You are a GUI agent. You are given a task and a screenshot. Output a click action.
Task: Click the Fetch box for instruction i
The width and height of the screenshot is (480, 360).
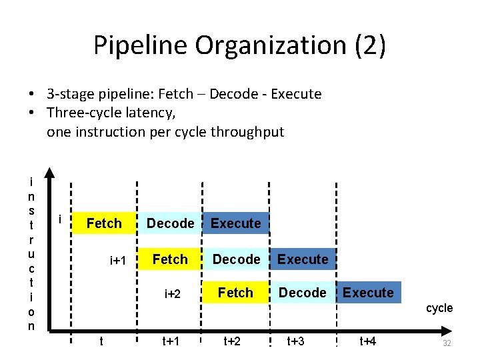point(104,223)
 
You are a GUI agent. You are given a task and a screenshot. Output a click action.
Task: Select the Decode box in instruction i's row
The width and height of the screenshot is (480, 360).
point(170,223)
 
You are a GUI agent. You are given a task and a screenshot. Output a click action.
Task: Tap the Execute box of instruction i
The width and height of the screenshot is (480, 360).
point(236,223)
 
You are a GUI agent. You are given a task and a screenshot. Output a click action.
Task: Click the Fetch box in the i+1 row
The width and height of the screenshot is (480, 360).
point(170,259)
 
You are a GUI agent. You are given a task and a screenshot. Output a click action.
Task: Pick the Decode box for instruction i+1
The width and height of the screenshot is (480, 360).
point(236,259)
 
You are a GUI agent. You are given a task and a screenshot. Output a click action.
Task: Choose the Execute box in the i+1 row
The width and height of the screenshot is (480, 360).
point(303,259)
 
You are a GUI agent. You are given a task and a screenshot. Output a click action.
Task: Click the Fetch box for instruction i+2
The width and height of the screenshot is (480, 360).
point(235,293)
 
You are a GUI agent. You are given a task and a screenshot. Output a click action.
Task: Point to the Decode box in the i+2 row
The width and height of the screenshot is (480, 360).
point(302,293)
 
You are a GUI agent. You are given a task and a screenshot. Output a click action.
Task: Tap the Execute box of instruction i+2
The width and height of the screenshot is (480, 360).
point(368,293)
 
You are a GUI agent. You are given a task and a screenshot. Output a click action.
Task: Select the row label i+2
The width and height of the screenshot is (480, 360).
point(173,293)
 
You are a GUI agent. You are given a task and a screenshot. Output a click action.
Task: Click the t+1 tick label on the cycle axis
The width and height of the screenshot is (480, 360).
point(171,341)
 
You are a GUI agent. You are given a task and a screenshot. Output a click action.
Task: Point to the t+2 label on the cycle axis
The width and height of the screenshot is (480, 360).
point(232,341)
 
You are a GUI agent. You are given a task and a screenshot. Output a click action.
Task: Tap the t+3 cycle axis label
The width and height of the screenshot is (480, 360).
point(295,341)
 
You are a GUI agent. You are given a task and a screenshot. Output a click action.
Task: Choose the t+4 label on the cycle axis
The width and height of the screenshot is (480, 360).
point(368,341)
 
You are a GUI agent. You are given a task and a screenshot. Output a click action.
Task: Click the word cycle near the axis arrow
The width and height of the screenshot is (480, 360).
point(439,308)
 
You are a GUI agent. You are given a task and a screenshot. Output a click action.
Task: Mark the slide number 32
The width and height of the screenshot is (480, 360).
point(447,343)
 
